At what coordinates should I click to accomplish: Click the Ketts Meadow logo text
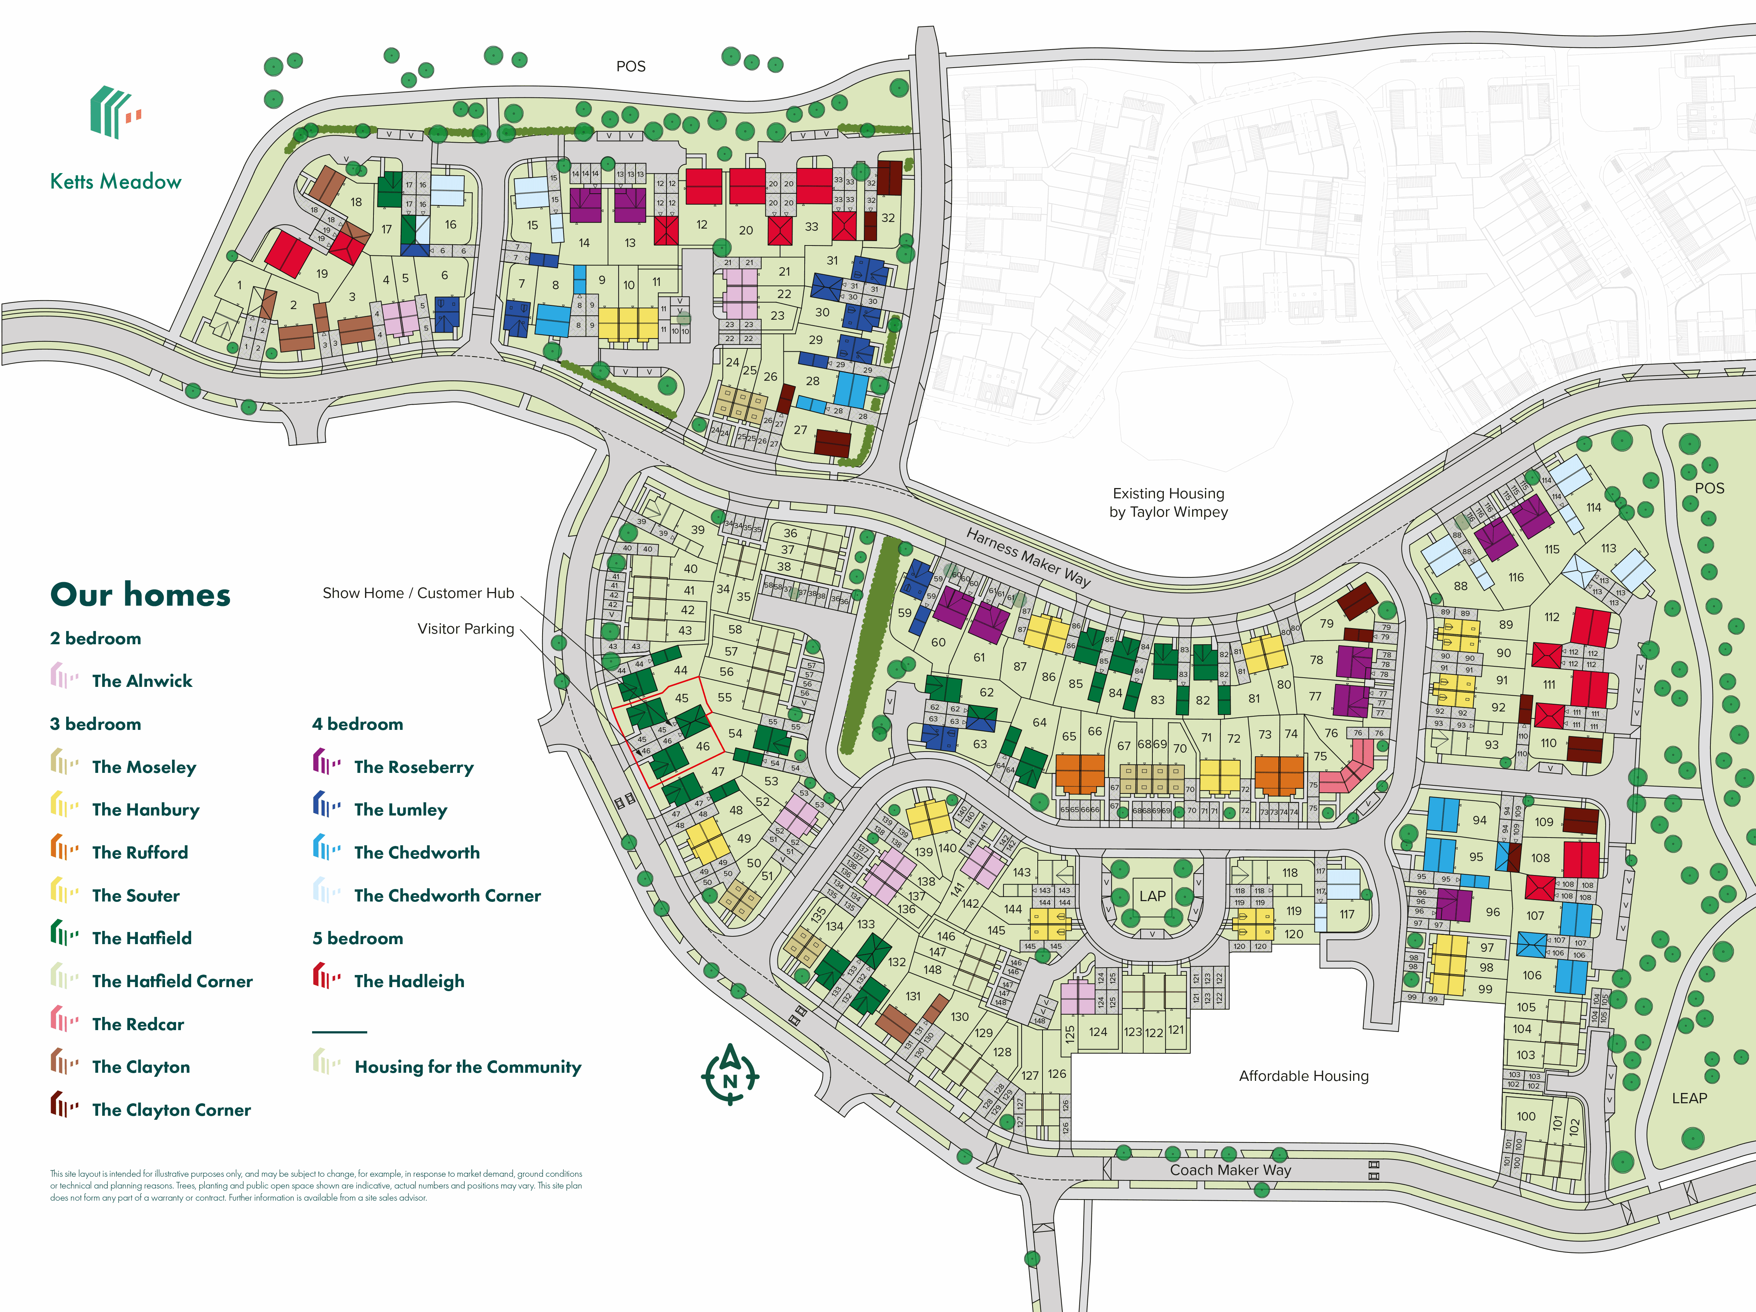pyautogui.click(x=116, y=182)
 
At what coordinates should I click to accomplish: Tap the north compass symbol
pyautogui.click(x=730, y=1076)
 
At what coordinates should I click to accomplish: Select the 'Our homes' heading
pyautogui.click(x=140, y=595)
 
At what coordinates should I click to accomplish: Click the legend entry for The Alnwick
pyautogui.click(x=141, y=681)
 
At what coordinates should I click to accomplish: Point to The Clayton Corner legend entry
pyautogui.click(x=171, y=1110)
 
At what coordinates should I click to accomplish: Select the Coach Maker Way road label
pyautogui.click(x=1230, y=1170)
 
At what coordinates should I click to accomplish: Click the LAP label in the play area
pyautogui.click(x=1153, y=896)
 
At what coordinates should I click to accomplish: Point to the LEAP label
pyautogui.click(x=1689, y=1098)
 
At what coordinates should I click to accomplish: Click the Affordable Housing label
pyautogui.click(x=1303, y=1076)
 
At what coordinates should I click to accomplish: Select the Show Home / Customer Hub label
pyautogui.click(x=418, y=593)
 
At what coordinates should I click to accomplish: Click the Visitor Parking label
pyautogui.click(x=466, y=628)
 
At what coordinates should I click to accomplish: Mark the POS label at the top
pyautogui.click(x=631, y=67)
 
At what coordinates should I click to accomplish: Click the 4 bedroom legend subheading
pyautogui.click(x=357, y=724)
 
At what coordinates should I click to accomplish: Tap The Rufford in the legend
pyautogui.click(x=140, y=853)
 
